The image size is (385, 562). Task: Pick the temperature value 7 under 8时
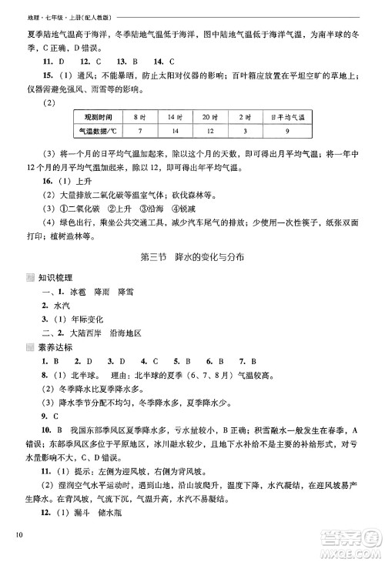click(x=139, y=132)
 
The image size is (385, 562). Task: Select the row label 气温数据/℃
click(x=100, y=132)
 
